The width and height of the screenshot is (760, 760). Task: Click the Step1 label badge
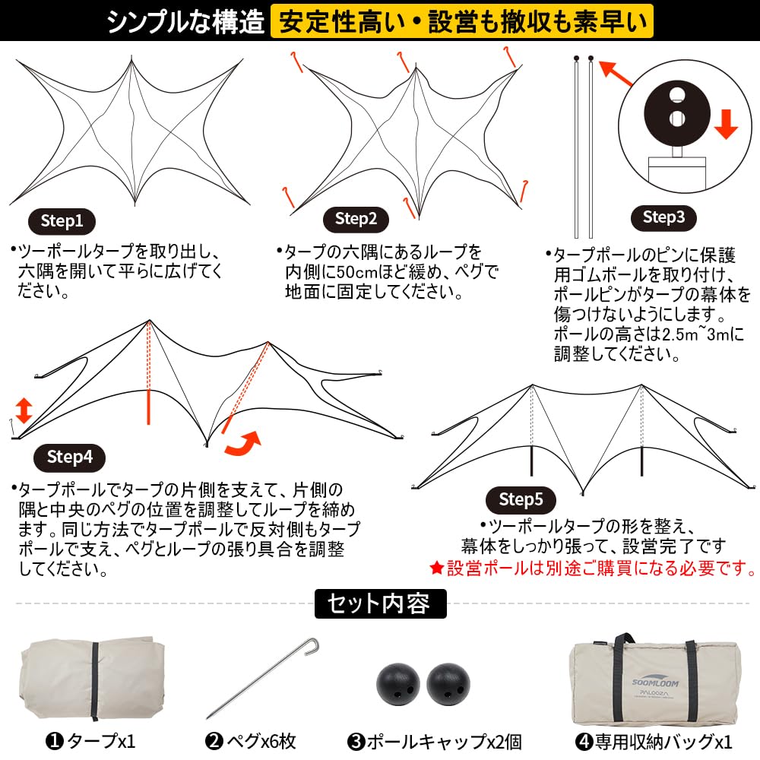coord(62,221)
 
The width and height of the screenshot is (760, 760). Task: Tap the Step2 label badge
coord(356,220)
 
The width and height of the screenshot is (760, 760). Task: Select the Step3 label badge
coord(663,217)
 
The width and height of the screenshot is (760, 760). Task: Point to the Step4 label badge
coord(69,457)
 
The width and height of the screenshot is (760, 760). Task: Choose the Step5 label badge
coord(521,499)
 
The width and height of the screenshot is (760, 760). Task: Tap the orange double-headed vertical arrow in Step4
coord(24,410)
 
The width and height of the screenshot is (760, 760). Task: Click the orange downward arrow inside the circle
coord(726,123)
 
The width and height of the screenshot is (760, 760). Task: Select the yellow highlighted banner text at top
coord(462,21)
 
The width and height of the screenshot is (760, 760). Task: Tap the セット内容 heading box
coord(380,603)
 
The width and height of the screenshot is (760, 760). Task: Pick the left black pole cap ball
coord(397,683)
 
